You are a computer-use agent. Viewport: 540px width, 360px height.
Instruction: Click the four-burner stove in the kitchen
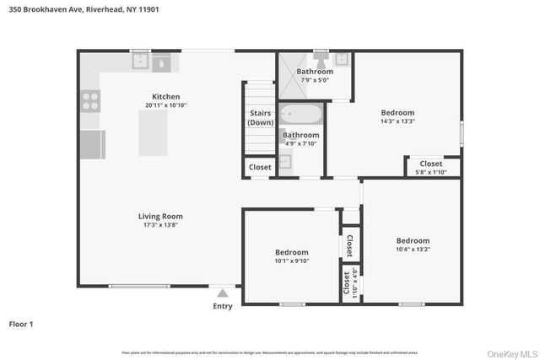90,101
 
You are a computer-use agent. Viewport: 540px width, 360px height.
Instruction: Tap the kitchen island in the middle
152,132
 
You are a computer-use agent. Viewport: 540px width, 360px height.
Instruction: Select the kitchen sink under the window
152,63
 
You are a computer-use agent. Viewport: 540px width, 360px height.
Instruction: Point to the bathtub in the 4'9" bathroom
300,114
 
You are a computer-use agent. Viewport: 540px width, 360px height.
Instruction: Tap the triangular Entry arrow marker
223,293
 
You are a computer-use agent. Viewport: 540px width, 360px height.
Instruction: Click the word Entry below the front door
223,306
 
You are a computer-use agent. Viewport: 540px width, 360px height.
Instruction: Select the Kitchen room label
165,96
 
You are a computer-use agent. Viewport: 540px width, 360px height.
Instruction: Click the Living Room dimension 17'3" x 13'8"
160,225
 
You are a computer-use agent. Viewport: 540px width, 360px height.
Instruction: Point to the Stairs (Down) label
260,118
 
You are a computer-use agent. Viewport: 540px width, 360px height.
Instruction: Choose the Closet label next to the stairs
260,167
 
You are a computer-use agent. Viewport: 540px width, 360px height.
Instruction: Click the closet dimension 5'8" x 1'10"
430,173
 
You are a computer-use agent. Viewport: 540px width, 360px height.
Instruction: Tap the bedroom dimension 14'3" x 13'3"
397,121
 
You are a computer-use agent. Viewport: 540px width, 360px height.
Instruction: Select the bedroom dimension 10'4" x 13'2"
413,250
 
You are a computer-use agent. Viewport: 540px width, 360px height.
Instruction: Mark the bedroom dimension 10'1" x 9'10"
292,261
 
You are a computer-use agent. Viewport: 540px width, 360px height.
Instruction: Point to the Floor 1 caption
21,323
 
